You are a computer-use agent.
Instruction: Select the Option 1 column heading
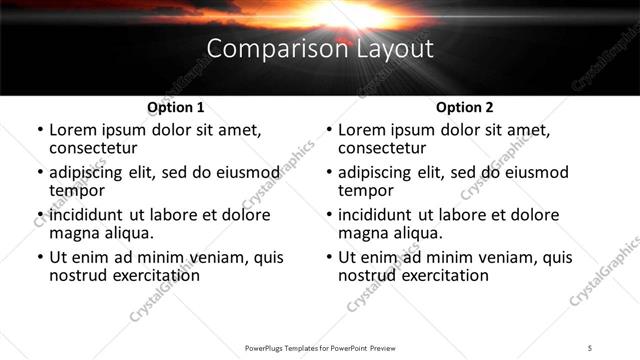tap(176, 107)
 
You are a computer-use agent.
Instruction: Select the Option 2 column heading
tap(464, 107)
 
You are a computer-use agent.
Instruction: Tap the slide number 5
tap(590, 347)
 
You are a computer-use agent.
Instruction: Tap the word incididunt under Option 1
tap(88, 215)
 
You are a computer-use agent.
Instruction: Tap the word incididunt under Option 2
tap(377, 215)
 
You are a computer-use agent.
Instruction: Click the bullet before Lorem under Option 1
tap(39, 130)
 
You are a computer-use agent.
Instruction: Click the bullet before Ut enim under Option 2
tap(328, 258)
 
